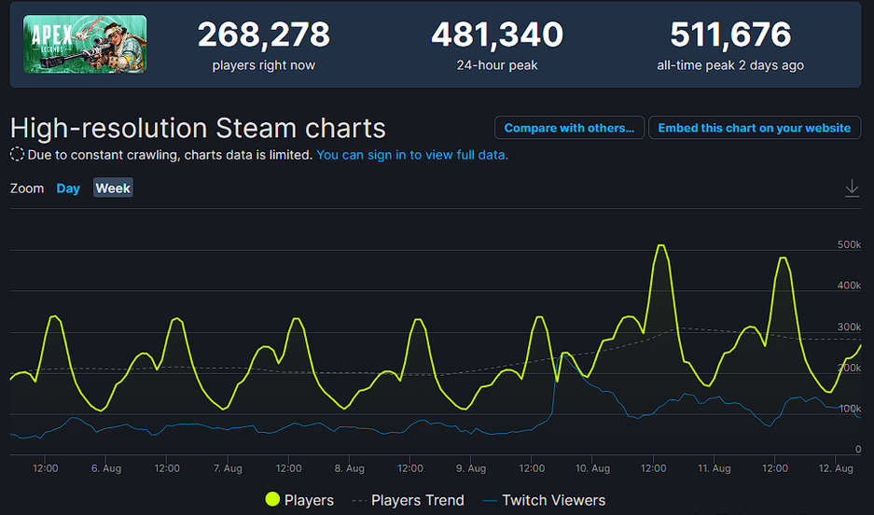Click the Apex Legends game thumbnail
[x=85, y=44]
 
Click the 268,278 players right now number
[x=263, y=35]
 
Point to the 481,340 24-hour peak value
[x=496, y=35]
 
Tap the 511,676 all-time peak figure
[x=730, y=35]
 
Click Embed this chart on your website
[x=754, y=128]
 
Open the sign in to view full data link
[x=412, y=155]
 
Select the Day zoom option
[x=68, y=188]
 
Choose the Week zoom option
[x=113, y=188]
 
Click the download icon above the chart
[x=852, y=188]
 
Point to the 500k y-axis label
[x=849, y=244]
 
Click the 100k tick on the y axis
[x=849, y=409]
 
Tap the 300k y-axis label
[x=849, y=327]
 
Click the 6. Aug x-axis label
[x=106, y=468]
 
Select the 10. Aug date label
[x=592, y=468]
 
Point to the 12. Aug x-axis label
[x=836, y=468]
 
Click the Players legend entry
[x=299, y=500]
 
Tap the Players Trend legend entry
[x=408, y=500]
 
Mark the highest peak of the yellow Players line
[x=660, y=245]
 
